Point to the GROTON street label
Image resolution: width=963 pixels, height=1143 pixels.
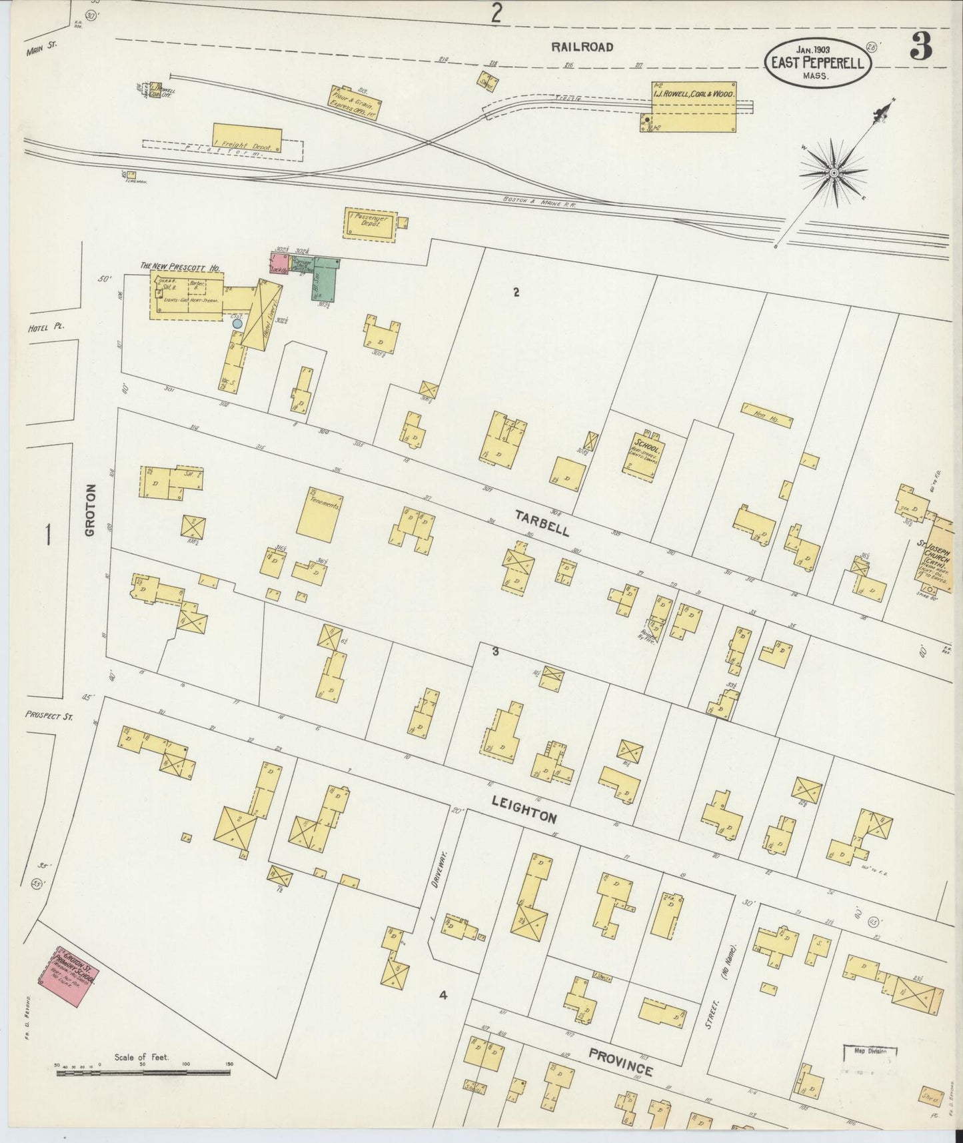point(91,510)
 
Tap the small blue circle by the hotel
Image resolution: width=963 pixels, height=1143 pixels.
point(237,323)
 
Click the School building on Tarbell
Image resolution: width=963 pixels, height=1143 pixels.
point(644,453)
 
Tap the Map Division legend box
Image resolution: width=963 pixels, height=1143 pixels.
point(866,1051)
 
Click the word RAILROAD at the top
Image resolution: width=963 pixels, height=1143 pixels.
point(582,47)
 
